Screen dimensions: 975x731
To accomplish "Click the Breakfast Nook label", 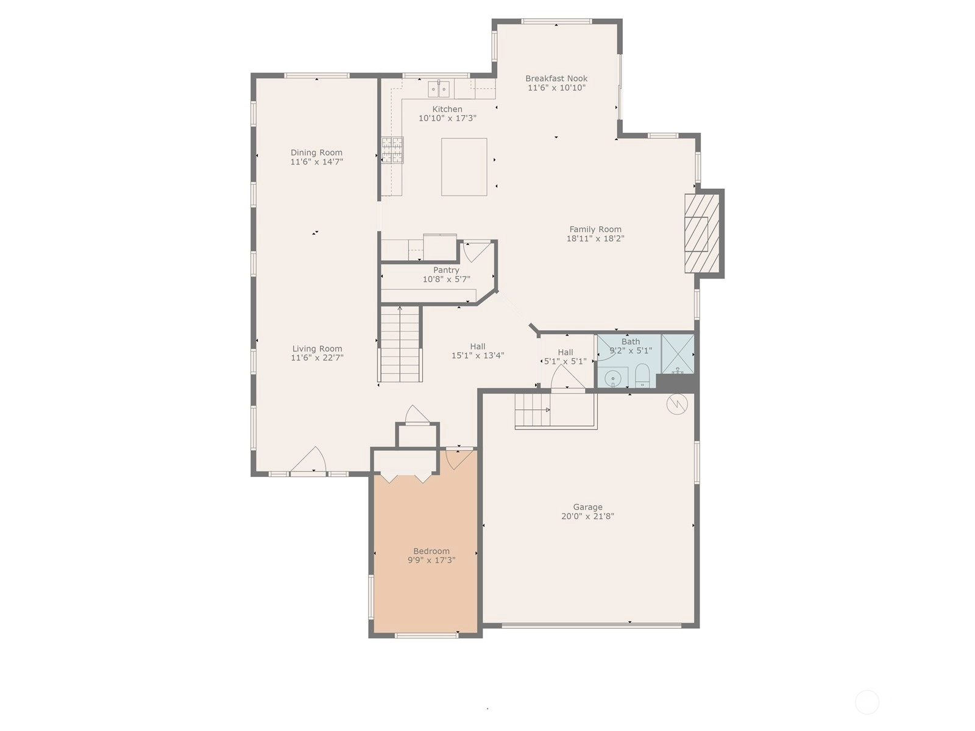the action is [556, 79].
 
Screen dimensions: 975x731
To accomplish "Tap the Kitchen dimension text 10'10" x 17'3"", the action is [447, 118].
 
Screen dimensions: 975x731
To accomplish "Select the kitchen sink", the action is [438, 89].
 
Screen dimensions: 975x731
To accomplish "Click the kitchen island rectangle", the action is [464, 167].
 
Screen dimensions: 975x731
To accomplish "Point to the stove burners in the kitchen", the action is [392, 150].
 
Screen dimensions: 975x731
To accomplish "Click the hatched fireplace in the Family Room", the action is [702, 233].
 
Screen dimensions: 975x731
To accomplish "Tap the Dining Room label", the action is [316, 153].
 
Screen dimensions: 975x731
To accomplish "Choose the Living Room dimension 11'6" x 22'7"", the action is [317, 358].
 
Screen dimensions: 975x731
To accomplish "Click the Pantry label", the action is [446, 270].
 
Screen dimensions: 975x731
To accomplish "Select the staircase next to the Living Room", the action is [400, 344].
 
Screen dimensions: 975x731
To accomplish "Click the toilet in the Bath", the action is [642, 375].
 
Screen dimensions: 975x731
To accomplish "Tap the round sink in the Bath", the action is [612, 378].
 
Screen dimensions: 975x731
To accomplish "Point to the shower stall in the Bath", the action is [678, 354].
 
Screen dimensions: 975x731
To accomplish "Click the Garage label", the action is [587, 507].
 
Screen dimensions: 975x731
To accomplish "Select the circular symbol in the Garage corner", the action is [677, 404].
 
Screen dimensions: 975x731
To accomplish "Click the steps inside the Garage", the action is [533, 410].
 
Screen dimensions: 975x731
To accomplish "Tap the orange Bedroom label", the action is [431, 551].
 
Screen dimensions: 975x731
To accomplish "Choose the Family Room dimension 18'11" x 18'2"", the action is [595, 238].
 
